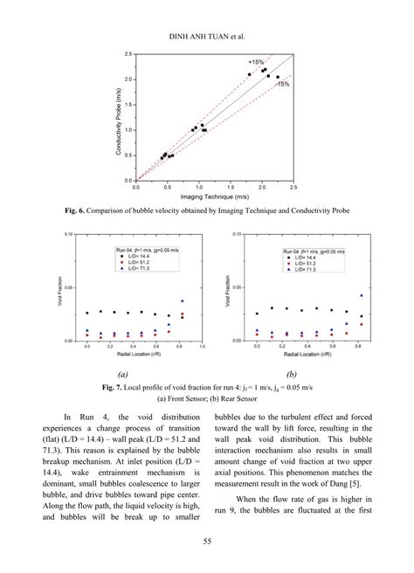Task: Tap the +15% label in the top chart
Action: click(257, 63)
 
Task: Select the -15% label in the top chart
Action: click(282, 84)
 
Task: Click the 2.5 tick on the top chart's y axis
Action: click(129, 54)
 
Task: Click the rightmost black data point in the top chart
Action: click(278, 78)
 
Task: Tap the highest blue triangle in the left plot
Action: click(182, 301)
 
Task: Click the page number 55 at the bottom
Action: click(207, 541)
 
